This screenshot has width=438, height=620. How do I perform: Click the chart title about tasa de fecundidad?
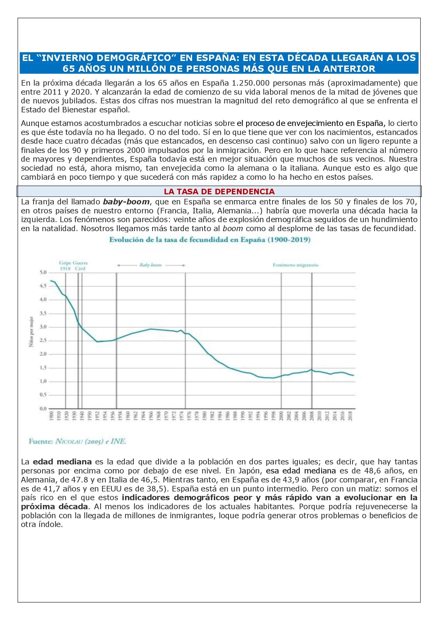pyautogui.click(x=210, y=240)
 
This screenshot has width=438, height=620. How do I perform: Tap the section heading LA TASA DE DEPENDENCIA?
pyautogui.click(x=219, y=191)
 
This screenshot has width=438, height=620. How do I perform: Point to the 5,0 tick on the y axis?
pyautogui.click(x=43, y=272)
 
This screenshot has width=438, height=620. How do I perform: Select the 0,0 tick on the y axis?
pyautogui.click(x=43, y=408)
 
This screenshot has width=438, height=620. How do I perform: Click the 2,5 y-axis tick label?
pyautogui.click(x=43, y=341)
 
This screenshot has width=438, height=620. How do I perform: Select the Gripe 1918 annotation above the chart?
pyautogui.click(x=65, y=265)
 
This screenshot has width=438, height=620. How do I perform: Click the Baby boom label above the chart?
pyautogui.click(x=151, y=265)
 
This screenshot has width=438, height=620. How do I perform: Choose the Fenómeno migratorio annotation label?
pyautogui.click(x=295, y=265)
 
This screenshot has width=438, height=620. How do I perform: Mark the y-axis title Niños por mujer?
pyautogui.click(x=32, y=332)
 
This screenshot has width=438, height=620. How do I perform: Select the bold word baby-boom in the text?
pyautogui.click(x=126, y=202)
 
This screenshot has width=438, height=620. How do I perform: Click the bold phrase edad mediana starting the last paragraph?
pyautogui.click(x=62, y=461)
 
